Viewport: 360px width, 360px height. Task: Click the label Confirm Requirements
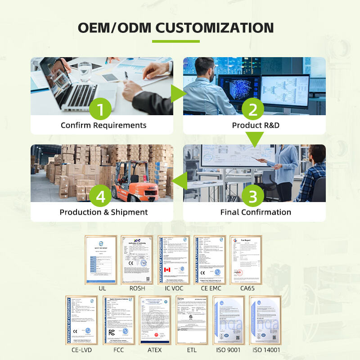(x=103, y=125)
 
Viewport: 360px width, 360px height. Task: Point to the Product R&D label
(x=256, y=125)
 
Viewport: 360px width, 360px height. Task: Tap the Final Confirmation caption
(x=256, y=212)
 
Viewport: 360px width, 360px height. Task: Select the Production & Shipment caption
(x=103, y=212)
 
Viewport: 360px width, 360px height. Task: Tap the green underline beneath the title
(x=175, y=41)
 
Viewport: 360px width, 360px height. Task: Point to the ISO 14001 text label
(x=266, y=350)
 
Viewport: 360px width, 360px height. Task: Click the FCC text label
(x=118, y=350)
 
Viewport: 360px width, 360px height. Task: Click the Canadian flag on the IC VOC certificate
(x=167, y=270)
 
